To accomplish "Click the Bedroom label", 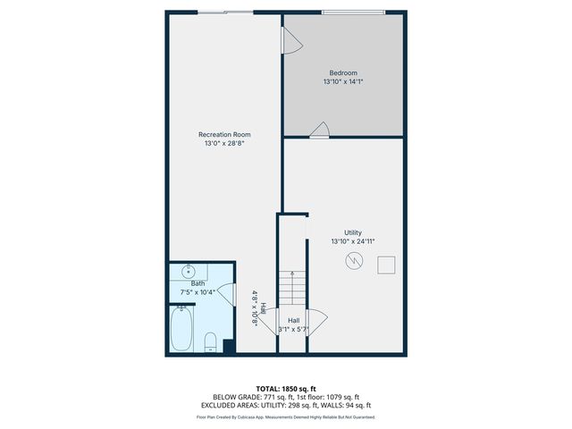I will tap(342, 72).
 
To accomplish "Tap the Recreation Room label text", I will tap(223, 135).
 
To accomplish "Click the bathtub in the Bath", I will tap(182, 329).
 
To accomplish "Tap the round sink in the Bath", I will tap(189, 271).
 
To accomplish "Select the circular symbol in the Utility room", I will tap(354, 262).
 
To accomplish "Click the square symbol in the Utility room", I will tap(387, 265).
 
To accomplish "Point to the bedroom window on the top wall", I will tap(354, 13).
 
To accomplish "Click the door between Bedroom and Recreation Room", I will tap(290, 39).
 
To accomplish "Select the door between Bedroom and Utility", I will tap(319, 131).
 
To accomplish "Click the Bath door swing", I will tap(227, 292).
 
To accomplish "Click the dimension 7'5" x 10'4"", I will tap(198, 292).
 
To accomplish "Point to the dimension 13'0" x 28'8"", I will tap(223, 143).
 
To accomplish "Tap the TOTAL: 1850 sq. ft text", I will tap(286, 389).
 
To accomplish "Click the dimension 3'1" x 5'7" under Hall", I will tap(292, 329).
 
